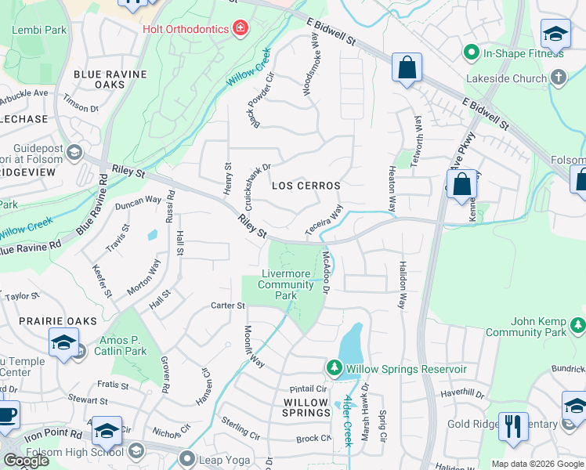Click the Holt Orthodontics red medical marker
[x=240, y=29]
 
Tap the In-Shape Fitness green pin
[x=471, y=53]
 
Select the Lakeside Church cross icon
[x=558, y=78]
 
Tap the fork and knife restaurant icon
[x=513, y=426]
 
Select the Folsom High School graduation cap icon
[x=136, y=451]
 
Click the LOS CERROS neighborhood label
[x=306, y=186]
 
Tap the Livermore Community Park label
[x=286, y=284]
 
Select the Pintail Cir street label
[x=308, y=389]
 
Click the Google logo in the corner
[x=26, y=461]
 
